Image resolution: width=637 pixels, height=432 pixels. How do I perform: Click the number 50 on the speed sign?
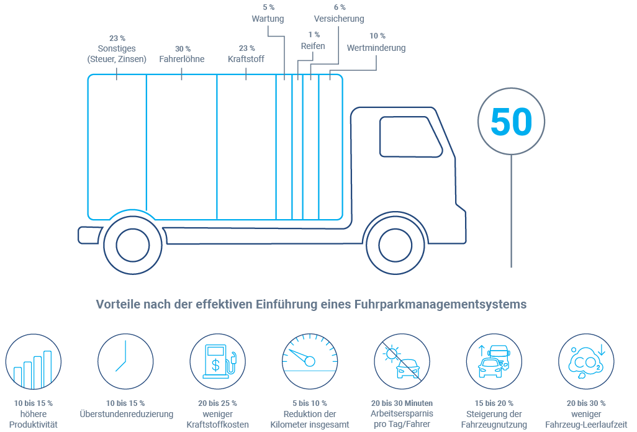[511, 122]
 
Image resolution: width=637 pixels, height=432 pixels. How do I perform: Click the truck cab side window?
[410, 136]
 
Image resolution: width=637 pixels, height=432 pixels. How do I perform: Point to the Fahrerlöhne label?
[182, 60]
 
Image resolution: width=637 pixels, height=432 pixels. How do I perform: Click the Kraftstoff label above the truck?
[246, 60]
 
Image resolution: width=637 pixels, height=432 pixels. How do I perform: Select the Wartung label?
[268, 19]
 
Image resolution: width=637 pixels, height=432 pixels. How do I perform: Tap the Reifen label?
[313, 46]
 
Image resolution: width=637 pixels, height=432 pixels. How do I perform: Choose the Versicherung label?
[339, 19]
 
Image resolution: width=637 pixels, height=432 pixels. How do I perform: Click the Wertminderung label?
[376, 48]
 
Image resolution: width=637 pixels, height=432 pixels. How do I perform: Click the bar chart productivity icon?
[33, 362]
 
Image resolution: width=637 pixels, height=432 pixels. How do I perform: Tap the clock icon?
[125, 362]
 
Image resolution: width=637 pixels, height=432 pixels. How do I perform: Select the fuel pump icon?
[218, 362]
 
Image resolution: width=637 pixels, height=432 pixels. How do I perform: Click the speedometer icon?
[310, 362]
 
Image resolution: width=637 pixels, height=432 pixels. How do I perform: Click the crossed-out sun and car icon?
[402, 362]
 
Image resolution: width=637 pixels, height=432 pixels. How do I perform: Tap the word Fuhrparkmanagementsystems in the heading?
[441, 305]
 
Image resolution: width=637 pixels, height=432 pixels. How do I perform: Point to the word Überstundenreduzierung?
[127, 414]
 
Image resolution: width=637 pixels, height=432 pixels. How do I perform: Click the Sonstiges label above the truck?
[117, 48]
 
